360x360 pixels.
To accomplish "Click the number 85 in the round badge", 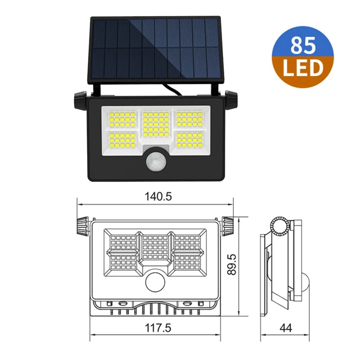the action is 303,45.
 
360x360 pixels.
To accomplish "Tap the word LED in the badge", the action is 303,68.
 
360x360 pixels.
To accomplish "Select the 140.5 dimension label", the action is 158,197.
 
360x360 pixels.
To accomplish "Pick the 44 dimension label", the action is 286,328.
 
